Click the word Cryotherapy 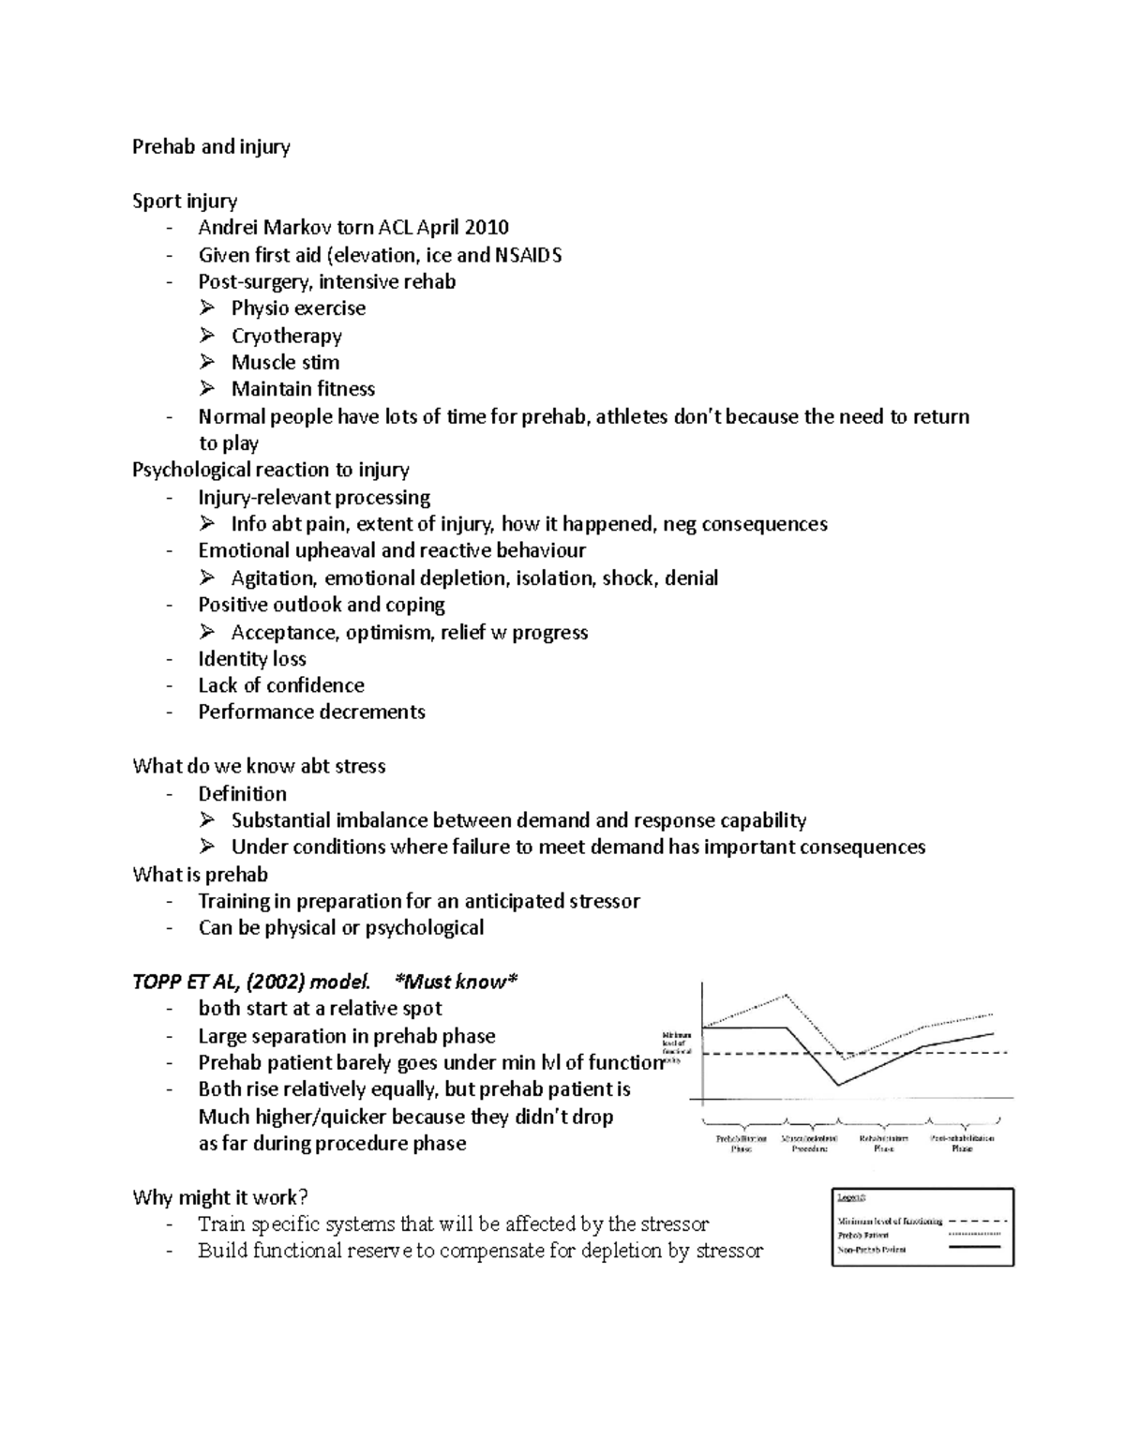[286, 336]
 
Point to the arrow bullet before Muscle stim [207, 362]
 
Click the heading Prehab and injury [211, 147]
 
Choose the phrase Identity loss [252, 659]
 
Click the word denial [691, 578]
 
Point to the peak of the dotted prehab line [786, 995]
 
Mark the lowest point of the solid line [838, 1086]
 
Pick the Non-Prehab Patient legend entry [871, 1250]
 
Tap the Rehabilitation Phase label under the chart [883, 1143]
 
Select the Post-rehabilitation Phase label [962, 1143]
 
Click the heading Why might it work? [220, 1197]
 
